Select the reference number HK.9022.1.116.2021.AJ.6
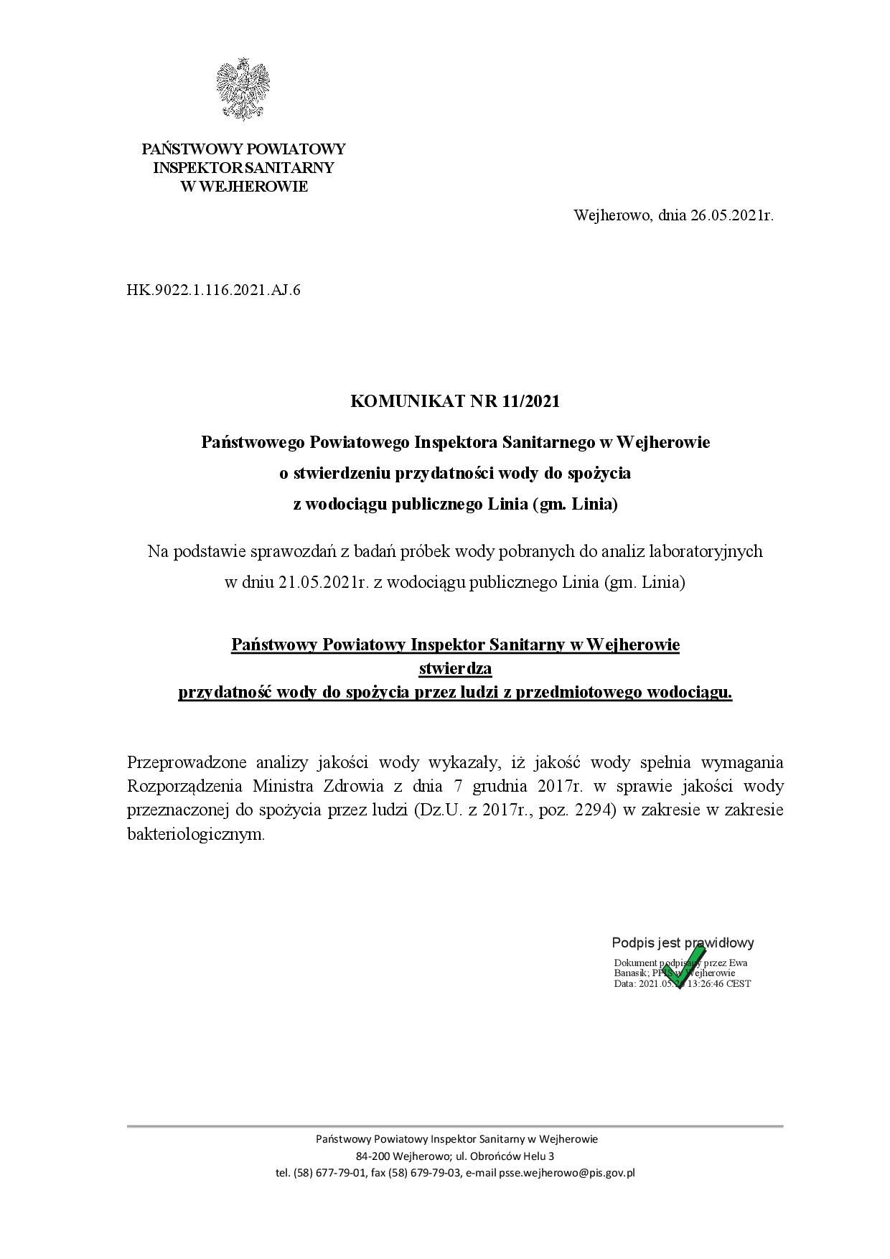[213, 291]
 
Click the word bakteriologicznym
[196, 835]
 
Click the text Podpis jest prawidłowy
[683, 943]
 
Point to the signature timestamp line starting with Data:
[682, 983]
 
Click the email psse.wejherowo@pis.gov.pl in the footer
[551, 1174]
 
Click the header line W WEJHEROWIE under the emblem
[244, 187]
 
